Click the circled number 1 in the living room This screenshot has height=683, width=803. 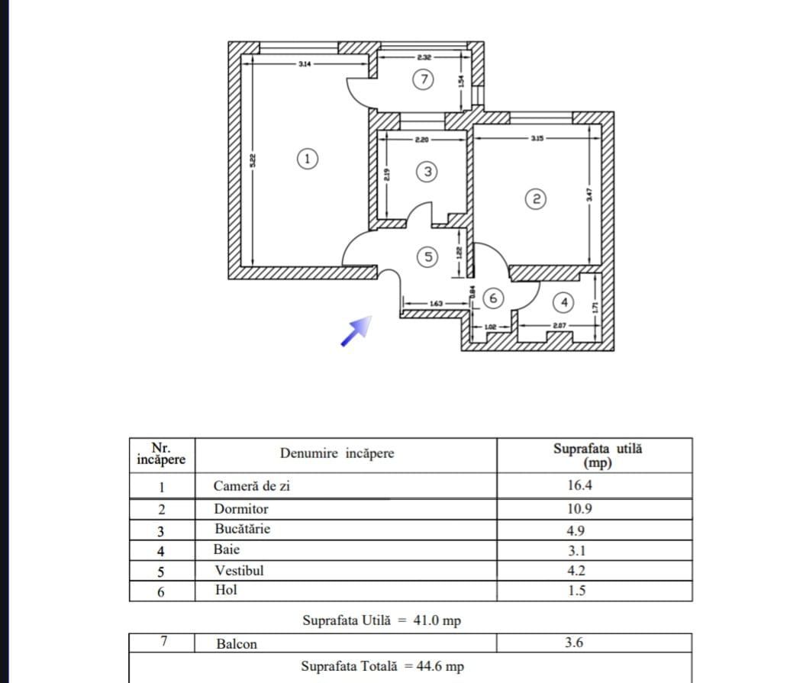306,159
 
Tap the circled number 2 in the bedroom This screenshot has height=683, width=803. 536,199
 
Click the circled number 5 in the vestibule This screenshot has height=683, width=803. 428,257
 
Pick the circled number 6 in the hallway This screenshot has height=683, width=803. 493,298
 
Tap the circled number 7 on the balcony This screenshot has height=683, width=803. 424,79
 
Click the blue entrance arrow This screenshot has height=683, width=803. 356,330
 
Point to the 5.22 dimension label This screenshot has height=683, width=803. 253,160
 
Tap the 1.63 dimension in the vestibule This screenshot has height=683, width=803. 436,304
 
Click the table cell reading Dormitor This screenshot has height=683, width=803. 241,508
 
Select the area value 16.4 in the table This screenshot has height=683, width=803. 575,485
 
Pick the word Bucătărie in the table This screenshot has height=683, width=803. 243,529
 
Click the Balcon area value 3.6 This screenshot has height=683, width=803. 575,643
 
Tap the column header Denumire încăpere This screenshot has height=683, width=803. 337,453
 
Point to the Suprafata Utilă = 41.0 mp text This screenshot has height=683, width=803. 381,620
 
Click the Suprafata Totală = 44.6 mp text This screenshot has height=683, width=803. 381,666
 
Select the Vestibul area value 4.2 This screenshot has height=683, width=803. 576,570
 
